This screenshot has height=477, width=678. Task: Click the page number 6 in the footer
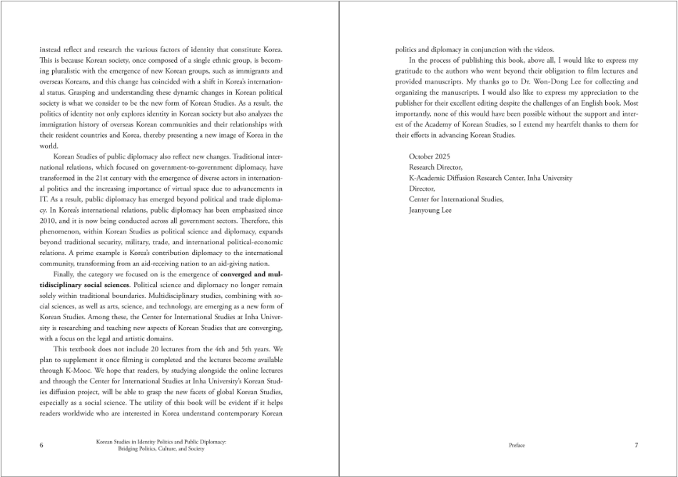[41, 446]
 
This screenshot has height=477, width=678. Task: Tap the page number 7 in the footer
[636, 446]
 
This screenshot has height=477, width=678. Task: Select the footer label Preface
[517, 446]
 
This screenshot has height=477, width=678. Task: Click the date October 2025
[429, 156]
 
